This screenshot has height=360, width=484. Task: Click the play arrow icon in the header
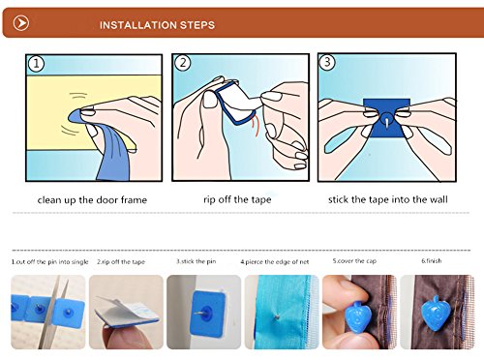[x=21, y=23]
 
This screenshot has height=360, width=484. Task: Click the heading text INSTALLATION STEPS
[x=157, y=25]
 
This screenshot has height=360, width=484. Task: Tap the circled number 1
[x=36, y=64]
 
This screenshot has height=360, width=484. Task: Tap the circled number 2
[x=183, y=63]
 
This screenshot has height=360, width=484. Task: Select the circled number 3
[x=327, y=62]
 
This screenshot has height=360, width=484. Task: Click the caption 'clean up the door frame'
[x=92, y=200]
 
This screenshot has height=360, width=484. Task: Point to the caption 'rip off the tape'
[x=237, y=199]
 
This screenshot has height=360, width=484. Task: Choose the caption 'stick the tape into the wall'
[x=388, y=199]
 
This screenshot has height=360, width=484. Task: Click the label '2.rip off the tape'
[x=121, y=262]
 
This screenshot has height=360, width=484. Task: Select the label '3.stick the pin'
[x=197, y=261]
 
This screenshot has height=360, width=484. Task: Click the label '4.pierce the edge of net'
[x=275, y=262]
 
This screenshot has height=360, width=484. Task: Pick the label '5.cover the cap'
[x=354, y=261]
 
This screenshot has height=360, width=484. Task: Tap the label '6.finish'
[x=432, y=260]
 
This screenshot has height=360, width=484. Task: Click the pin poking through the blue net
[x=276, y=317]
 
